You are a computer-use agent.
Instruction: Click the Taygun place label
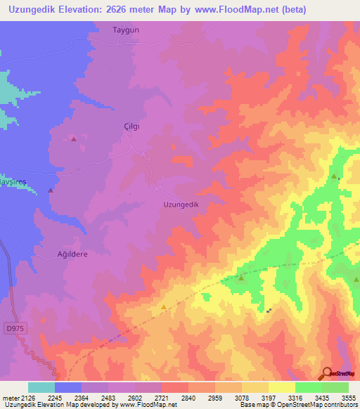coord(127,31)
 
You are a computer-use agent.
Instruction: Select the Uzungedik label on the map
coord(182,204)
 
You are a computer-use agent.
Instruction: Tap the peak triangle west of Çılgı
coord(74,139)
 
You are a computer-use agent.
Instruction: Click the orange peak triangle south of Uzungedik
coord(164,307)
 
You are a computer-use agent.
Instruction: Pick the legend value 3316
coord(295,397)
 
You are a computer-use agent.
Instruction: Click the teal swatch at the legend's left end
coord(41,387)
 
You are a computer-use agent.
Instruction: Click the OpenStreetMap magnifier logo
coord(328,374)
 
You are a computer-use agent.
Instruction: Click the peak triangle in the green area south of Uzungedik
coord(241,279)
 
